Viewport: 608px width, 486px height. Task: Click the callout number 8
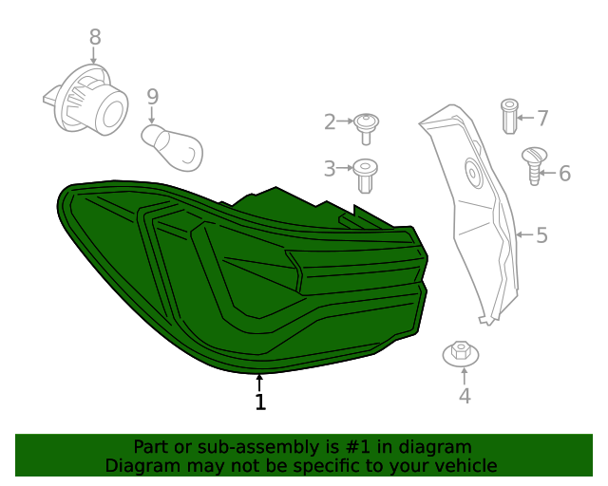pos(94,37)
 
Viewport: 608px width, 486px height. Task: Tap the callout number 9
pos(152,97)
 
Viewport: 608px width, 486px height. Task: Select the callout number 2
pos(330,121)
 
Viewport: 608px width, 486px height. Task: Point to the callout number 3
pos(330,169)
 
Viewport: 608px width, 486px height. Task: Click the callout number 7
pos(542,119)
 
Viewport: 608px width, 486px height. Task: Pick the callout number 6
pos(564,174)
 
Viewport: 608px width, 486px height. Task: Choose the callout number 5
pos(541,234)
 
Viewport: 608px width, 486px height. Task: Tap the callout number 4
pos(465,397)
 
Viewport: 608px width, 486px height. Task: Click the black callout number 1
pos(260,402)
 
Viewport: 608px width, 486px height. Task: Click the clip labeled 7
pos(510,117)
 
